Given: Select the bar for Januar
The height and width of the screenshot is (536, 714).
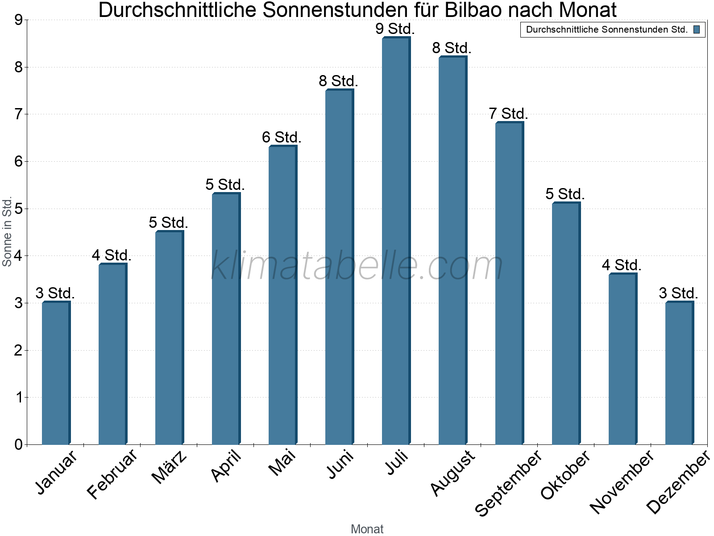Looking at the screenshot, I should [56, 373].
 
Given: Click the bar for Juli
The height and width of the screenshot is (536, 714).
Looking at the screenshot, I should [396, 241].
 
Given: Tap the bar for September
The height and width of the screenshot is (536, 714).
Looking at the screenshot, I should [509, 283].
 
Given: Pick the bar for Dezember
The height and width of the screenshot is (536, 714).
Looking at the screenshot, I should [679, 373].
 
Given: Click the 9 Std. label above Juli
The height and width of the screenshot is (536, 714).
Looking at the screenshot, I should [395, 29].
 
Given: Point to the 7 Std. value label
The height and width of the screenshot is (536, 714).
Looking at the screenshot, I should [509, 114].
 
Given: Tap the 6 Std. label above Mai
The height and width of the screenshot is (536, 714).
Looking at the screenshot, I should [282, 138].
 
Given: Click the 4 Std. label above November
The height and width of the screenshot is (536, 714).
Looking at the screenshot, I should [622, 265].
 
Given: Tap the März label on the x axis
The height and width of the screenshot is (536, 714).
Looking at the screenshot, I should [170, 468].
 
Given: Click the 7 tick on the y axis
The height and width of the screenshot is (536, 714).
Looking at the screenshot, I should [18, 114].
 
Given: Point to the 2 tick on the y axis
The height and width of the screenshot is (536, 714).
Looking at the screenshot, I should [18, 350].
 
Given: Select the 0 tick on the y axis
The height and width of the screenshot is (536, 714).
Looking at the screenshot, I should [18, 444].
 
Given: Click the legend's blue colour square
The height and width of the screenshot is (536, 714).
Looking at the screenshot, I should [697, 30].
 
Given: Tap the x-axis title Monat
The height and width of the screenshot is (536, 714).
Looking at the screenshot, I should [367, 529].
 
